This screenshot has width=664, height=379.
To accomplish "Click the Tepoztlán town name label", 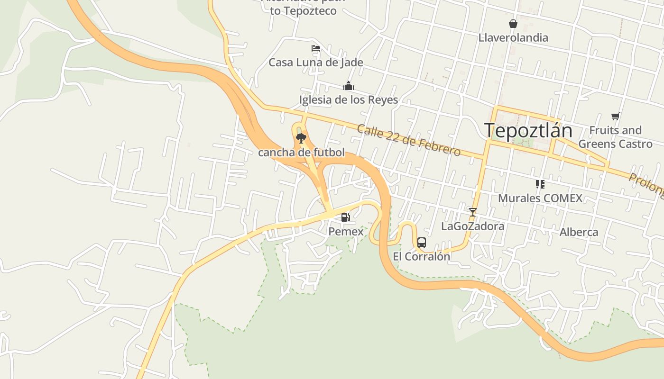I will pos(528,130).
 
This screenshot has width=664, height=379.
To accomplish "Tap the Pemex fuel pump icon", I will pos(346,217).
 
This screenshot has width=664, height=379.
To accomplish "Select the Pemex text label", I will pos(346,232).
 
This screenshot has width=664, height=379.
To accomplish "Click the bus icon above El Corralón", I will pos(421,243).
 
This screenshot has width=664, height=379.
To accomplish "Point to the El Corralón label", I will pos(421,257).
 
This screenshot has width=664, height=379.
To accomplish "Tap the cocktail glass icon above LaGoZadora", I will pos(472,212).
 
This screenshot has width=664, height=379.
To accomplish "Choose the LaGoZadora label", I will pos(472,226).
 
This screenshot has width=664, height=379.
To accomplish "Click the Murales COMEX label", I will pos(540,198).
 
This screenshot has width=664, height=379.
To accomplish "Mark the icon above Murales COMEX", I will pos(540,184).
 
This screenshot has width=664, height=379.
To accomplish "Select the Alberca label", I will pos(579,232).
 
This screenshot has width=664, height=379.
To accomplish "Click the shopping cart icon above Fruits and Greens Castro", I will pos(615,116).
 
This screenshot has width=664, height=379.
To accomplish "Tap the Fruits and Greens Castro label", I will pos(615,137).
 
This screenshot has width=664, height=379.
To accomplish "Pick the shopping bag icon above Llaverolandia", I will pos(513,24).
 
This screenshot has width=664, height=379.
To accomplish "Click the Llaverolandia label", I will pos(513,38).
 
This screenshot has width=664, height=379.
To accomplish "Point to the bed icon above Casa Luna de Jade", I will pos(315,48).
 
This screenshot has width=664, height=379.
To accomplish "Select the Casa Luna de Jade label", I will pos(316,63).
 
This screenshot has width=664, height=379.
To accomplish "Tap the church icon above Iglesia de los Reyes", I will pos(349,86).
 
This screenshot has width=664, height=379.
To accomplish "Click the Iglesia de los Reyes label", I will pos(349,100).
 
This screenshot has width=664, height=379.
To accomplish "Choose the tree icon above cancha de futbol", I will pos(301,138).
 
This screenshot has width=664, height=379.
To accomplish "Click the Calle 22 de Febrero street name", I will pos(408,140).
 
